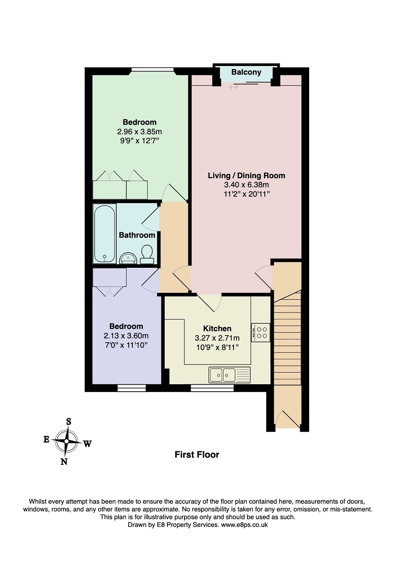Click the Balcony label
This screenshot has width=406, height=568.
point(246,73)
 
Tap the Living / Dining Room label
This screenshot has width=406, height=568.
point(246,175)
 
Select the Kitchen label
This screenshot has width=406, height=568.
point(217,328)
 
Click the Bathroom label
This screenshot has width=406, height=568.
point(137,235)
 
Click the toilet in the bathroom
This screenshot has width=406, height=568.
point(147,254)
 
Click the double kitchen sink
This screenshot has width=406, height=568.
point(222,375)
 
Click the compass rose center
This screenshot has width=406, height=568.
point(66,441)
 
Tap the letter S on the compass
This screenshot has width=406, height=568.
point(68,421)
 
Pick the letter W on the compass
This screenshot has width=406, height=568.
point(88,444)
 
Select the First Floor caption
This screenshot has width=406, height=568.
point(197,454)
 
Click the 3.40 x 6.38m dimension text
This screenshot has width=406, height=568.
point(246,185)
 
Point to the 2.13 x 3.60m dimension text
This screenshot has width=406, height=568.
point(126,336)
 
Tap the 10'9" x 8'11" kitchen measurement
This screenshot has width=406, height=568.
point(217,347)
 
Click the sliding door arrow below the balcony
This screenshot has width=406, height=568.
point(233,87)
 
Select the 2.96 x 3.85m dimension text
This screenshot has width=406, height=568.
point(139,131)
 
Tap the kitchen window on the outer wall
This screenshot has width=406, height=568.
point(212,388)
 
